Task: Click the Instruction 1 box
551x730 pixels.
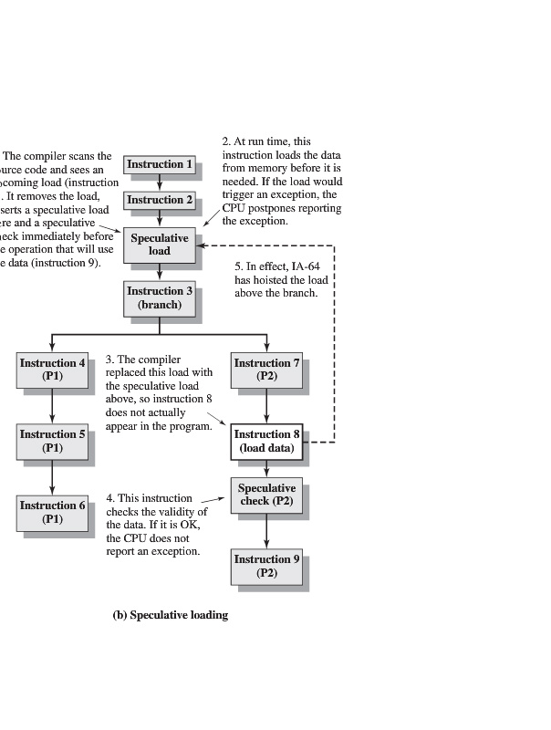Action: [x=160, y=164]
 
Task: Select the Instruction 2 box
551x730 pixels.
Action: [x=160, y=200]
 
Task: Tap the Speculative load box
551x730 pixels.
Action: [x=160, y=244]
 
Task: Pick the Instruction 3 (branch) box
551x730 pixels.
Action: [x=160, y=297]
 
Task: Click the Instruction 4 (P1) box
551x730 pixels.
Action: [x=53, y=369]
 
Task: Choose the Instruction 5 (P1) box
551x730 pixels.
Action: [x=53, y=441]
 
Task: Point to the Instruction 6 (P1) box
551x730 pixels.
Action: [x=53, y=512]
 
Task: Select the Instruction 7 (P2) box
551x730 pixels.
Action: [x=266, y=369]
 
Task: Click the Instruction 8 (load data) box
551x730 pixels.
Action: [x=266, y=441]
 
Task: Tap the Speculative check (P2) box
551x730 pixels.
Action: [x=266, y=495]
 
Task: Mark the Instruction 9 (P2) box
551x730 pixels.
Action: [x=266, y=566]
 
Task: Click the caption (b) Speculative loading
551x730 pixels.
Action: [x=170, y=615]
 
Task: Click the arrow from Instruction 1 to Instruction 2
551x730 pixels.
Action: [x=160, y=182]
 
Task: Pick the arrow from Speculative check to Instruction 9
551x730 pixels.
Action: [x=266, y=530]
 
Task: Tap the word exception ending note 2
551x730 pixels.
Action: [x=266, y=221]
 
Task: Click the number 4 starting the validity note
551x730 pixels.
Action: [x=109, y=498]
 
